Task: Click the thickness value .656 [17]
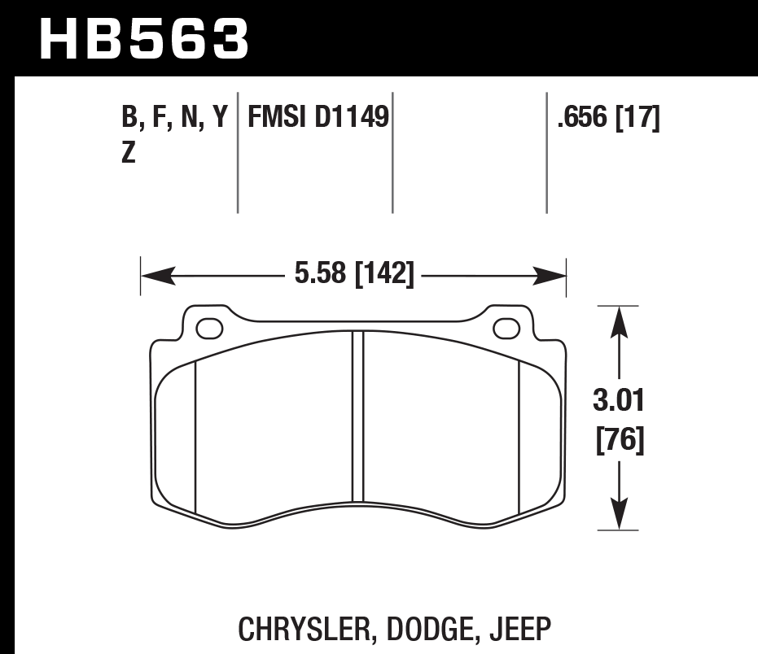coord(607,119)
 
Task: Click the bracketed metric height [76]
coord(621,442)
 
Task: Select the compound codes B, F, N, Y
coord(173,119)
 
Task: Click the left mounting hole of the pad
coord(210,329)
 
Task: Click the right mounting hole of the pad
coord(506,329)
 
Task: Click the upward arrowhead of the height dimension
coord(621,320)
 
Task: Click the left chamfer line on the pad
coord(196,439)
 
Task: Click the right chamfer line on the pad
coord(519,439)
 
